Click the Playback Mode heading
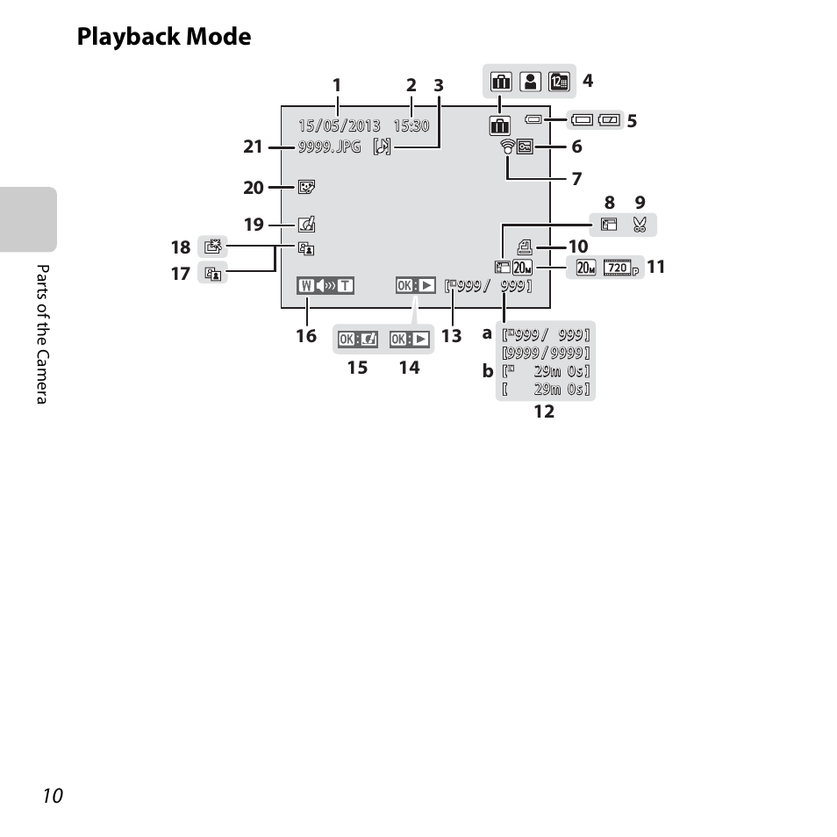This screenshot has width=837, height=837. click(164, 37)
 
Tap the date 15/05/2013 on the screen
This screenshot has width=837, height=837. click(340, 126)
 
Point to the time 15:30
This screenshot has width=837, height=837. click(411, 126)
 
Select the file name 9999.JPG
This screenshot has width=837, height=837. click(329, 147)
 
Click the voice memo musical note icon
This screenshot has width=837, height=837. click(383, 147)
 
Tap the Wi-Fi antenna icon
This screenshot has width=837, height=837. click(508, 147)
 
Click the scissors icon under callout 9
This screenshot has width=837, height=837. click(640, 225)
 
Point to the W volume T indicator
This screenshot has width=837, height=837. click(325, 286)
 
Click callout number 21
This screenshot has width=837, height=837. click(253, 147)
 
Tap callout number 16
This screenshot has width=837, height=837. click(306, 336)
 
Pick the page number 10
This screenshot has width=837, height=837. click(53, 796)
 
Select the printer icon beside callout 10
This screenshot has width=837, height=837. click(525, 247)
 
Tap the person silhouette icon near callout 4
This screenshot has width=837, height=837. click(531, 82)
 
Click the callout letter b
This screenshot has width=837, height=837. click(487, 370)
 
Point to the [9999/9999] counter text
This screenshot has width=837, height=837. click(546, 353)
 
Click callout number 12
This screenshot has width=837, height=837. click(545, 411)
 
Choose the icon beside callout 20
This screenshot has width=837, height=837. click(306, 188)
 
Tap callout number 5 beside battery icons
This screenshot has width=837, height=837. click(632, 121)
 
